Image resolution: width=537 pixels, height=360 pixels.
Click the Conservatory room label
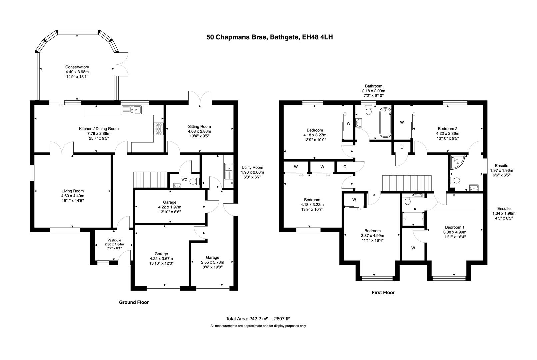click(77, 67)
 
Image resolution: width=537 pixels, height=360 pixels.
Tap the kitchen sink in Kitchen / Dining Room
click(132, 109)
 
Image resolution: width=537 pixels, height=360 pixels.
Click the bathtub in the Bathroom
click(385, 122)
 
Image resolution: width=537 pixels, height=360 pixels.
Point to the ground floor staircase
click(150, 180)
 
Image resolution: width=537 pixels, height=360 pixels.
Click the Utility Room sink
click(229, 170)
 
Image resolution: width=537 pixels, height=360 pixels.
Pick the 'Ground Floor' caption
click(134, 302)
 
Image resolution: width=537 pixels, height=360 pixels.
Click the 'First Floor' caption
click(383, 292)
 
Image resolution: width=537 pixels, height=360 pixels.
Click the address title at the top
click(269, 37)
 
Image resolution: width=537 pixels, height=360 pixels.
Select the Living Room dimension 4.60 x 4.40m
click(72, 196)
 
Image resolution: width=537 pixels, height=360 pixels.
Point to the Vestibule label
click(114, 240)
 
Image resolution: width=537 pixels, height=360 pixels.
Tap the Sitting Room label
click(199, 126)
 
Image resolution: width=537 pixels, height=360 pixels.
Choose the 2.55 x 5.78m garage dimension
click(212, 262)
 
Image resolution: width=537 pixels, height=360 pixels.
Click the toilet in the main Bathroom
click(369, 110)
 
